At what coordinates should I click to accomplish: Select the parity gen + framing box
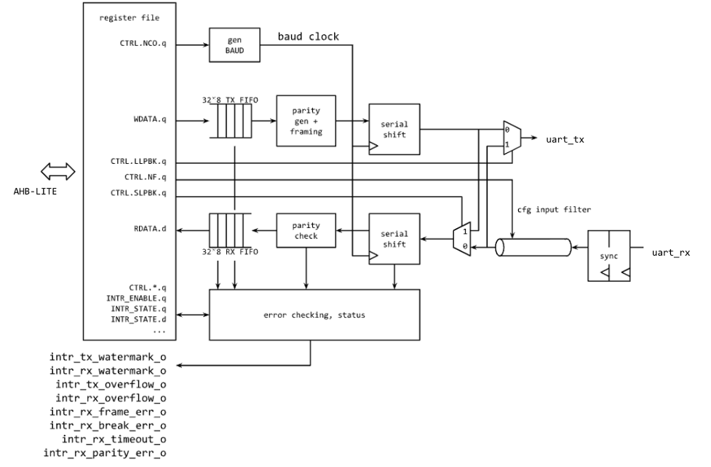pos(305,120)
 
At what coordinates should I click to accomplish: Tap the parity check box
pos(306,230)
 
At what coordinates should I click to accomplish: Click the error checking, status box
pos(314,314)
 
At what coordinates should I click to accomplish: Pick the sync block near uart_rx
pos(608,256)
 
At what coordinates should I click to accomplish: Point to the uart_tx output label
pos(564,138)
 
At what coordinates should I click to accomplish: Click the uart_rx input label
pos(670,253)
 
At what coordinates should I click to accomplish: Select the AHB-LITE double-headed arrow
pos(57,172)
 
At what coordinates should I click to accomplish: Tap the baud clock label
pos(309,36)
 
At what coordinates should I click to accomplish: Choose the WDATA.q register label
pos(149,119)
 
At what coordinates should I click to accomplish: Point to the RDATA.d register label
pos(149,229)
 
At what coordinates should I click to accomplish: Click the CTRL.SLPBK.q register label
pos(138,193)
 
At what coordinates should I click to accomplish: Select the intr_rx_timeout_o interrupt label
pos(114,438)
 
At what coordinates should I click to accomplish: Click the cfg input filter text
pos(555,210)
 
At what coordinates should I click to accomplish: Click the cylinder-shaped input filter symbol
pos(533,248)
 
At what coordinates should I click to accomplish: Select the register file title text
pos(129,17)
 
